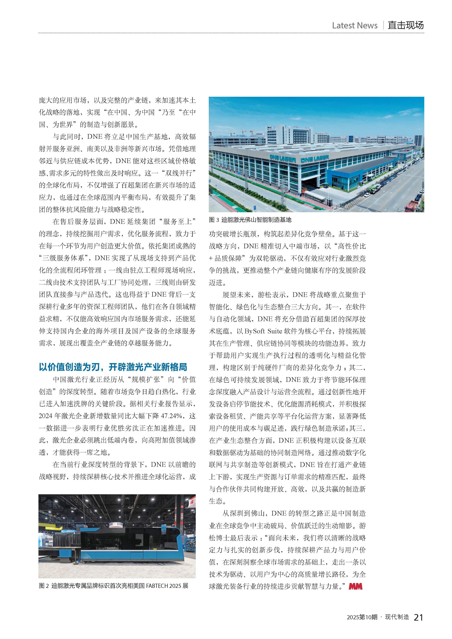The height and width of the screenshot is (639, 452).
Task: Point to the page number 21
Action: click(x=418, y=617)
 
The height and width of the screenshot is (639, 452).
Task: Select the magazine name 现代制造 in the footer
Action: click(x=397, y=617)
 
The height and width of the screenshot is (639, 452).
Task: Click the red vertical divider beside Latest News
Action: click(x=383, y=25)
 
